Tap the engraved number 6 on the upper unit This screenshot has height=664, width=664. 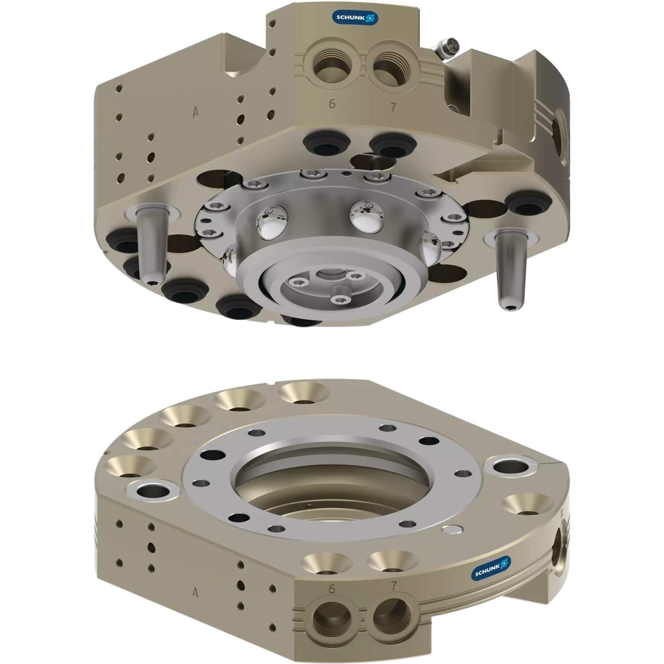pyautogui.click(x=332, y=104)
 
